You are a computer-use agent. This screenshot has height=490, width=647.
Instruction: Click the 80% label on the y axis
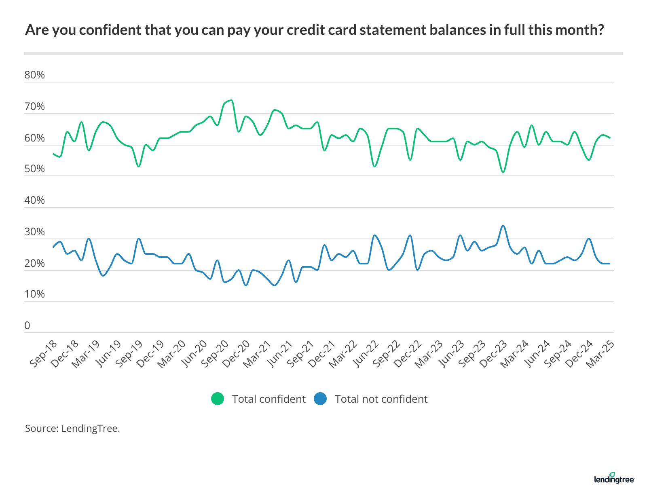pos(34,75)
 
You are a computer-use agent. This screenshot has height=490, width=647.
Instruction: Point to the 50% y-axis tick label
pos(34,169)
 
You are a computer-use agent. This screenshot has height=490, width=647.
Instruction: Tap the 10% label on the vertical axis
pos(34,294)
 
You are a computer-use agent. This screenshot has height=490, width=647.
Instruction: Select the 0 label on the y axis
pos(27,326)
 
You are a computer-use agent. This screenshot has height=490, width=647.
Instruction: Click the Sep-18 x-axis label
pos(43,354)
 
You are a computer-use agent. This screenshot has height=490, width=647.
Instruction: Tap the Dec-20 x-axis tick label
pos(236,354)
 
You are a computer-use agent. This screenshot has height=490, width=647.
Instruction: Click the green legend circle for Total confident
pos(218,399)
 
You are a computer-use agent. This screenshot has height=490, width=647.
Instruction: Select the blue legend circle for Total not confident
pos(320,399)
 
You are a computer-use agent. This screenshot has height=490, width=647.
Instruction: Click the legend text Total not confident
pos(381,399)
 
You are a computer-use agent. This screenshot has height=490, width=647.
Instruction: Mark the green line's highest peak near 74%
pos(231,100)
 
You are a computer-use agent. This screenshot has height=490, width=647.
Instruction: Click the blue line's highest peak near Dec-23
pos(503,226)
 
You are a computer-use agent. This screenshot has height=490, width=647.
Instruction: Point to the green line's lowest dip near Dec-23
pos(503,172)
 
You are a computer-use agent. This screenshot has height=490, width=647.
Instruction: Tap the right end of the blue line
pos(609,264)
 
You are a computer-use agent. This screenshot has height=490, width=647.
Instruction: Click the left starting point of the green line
pos(53,154)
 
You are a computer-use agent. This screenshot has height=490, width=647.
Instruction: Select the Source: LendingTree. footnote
pos(73,429)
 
